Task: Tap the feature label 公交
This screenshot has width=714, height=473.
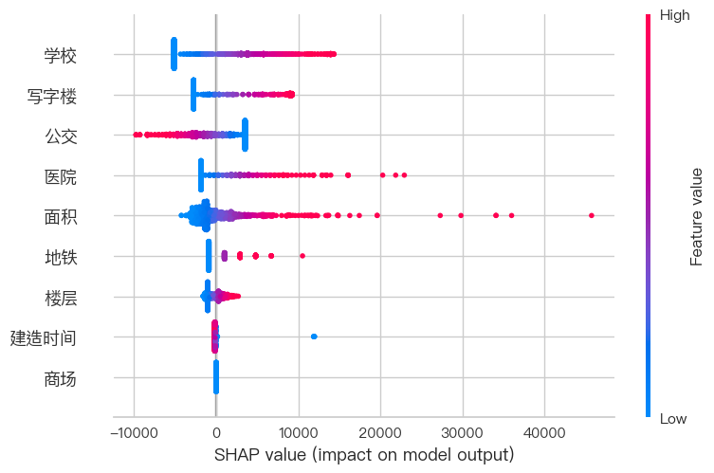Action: tap(60, 136)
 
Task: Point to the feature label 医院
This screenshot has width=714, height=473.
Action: tap(60, 176)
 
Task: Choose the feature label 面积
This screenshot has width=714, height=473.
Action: tap(60, 217)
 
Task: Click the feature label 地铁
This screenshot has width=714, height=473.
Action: tap(60, 257)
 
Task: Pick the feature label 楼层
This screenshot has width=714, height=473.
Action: tap(60, 298)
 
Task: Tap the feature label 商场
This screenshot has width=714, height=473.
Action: tap(60, 379)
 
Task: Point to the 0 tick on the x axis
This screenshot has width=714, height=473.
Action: tap(216, 431)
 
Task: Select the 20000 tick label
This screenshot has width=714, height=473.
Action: tap(380, 431)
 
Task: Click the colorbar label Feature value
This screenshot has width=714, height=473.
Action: tap(697, 216)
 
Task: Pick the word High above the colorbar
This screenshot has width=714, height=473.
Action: tap(674, 15)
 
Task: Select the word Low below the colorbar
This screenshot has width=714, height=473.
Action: tap(673, 418)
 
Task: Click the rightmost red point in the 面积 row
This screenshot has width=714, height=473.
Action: tap(592, 216)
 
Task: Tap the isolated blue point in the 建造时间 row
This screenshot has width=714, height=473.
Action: tap(314, 337)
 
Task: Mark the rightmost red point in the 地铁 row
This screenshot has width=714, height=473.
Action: tap(302, 256)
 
